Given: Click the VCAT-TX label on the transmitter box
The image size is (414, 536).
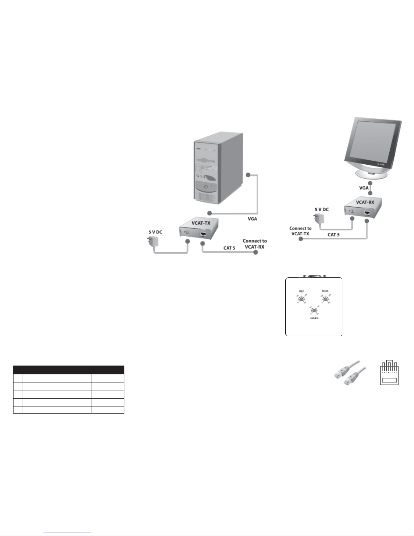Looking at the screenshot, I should pos(201,223).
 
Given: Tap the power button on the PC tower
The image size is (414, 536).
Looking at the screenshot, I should pos(204,187).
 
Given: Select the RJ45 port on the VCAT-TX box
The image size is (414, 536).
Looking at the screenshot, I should pos(204,234).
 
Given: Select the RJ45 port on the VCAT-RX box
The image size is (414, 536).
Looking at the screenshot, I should pos(367,213).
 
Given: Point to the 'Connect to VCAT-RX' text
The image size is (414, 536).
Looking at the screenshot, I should pos(254,244).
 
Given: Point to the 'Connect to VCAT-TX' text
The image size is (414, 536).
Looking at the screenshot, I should pos(300,231).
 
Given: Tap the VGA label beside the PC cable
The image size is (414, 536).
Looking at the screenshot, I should pos(252,219).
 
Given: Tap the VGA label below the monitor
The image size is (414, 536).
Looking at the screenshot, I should pos(364,188).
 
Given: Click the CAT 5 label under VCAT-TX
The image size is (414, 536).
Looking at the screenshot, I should pos(229,248).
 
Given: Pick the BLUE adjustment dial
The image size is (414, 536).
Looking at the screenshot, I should pos(325,299).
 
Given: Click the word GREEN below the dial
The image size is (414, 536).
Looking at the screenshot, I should pos(314,318).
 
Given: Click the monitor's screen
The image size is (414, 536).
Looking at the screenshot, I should pos(371,142).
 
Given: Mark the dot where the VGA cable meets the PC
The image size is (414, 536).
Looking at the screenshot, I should pos(248,175).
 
